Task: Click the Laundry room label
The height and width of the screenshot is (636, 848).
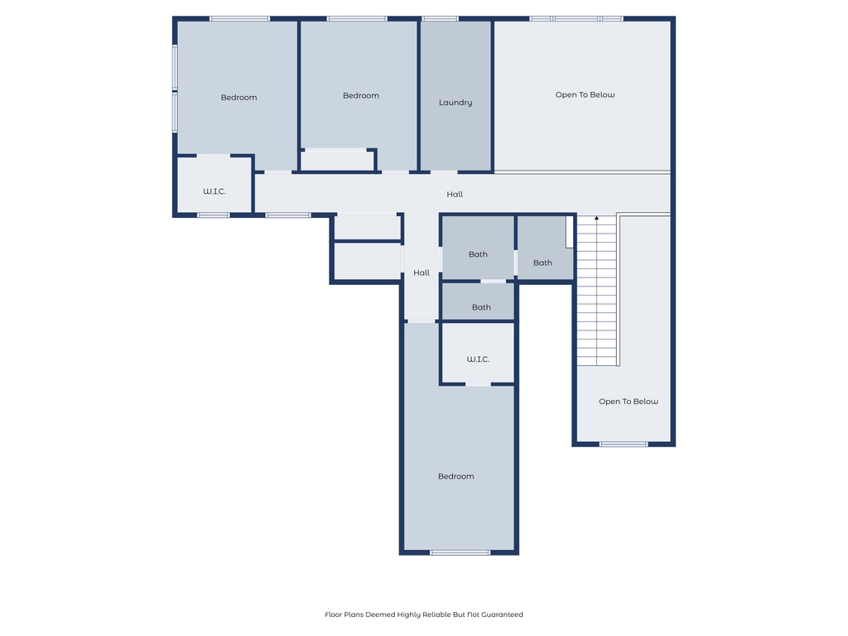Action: [455, 103]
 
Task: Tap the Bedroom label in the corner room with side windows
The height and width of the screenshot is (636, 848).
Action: [238, 98]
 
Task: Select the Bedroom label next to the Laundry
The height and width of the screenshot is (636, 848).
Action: [361, 96]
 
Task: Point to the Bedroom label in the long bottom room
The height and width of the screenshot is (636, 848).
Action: [456, 476]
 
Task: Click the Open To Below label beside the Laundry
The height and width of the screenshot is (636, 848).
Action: [585, 95]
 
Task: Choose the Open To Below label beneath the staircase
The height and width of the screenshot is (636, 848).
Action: [629, 402]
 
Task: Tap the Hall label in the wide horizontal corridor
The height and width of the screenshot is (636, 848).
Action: [455, 195]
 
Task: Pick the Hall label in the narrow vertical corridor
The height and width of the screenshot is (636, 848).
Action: [422, 273]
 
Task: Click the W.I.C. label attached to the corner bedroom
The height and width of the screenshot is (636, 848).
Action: [214, 191]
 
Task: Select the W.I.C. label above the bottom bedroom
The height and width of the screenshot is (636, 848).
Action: [478, 359]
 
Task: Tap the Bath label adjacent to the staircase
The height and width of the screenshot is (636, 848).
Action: [542, 263]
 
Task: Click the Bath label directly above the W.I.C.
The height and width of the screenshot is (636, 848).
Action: [481, 307]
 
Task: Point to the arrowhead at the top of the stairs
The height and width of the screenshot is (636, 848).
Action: [596, 218]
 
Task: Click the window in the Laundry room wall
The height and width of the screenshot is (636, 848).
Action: [440, 18]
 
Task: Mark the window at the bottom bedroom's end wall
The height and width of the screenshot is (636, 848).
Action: [460, 552]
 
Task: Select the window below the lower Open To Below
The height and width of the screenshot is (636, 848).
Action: [624, 445]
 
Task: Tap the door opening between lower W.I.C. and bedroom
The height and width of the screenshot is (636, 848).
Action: [478, 384]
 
